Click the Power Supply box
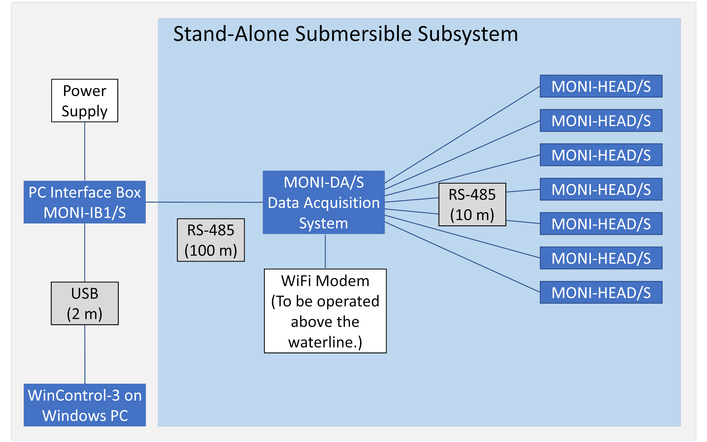[85, 101]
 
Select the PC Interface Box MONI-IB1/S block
[85, 202]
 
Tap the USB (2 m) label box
[85, 303]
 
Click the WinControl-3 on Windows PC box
[85, 405]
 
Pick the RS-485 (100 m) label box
[211, 240]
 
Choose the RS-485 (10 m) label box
[472, 205]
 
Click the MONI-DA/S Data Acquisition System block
[324, 202]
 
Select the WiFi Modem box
[325, 311]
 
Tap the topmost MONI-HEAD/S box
[601, 86]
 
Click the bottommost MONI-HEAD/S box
[601, 292]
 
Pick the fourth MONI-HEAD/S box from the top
[601, 190]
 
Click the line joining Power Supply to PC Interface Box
[85, 151]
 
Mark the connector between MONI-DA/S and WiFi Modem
[325, 251]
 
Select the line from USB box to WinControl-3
[85, 354]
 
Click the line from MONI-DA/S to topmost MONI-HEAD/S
[461, 135]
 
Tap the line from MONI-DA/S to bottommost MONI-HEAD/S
[461, 257]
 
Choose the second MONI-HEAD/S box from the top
[601, 120]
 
